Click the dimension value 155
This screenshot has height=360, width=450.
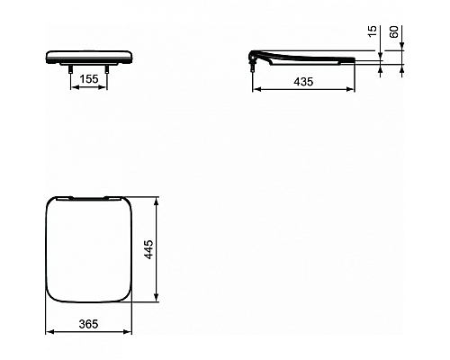click(87, 79)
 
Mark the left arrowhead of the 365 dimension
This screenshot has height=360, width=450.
click(48, 333)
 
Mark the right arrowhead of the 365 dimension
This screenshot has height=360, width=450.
click(130, 333)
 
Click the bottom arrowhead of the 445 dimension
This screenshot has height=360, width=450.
click(158, 299)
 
